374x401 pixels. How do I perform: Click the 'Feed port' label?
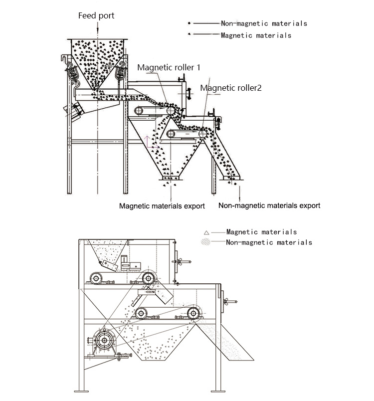96,16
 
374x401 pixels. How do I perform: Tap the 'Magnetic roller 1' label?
169,67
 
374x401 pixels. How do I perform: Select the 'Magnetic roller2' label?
231,88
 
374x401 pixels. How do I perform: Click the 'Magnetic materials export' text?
162,206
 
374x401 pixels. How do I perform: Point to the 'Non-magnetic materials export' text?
269,205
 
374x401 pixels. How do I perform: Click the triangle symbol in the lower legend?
206,233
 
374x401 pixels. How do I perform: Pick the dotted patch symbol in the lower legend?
206,242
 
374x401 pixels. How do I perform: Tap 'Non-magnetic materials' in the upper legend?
264,23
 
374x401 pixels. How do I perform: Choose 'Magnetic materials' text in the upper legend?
256,35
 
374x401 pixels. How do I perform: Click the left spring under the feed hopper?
73,73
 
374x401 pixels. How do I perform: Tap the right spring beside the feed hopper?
120,73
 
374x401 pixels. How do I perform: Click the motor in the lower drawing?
104,340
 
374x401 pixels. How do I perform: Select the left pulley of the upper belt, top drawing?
139,111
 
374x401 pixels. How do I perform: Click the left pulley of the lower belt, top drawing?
171,134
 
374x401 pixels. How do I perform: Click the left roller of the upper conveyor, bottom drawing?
96,278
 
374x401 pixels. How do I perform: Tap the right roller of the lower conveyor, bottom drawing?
193,313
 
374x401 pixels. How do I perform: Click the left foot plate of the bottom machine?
81,392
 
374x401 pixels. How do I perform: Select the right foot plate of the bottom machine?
218,392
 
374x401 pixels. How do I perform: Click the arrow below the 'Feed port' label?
97,27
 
